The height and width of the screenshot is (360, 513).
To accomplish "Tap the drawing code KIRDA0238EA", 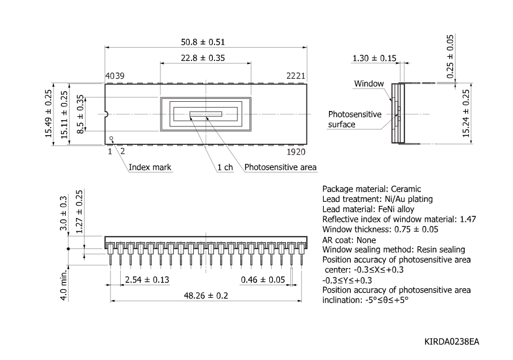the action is pos(451,342).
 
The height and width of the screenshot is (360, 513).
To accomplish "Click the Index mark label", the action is pos(150,167).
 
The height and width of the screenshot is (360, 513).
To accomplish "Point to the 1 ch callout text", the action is pos(225,167).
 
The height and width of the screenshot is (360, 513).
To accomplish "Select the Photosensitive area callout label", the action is pos(281,167).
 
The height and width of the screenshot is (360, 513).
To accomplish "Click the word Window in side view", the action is pos(369,83).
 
